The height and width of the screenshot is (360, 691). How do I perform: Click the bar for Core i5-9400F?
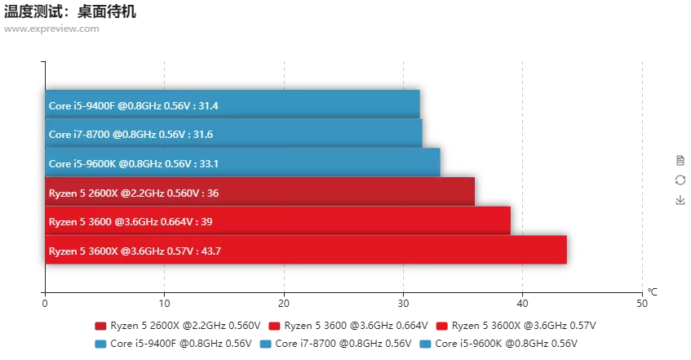coord(233,104)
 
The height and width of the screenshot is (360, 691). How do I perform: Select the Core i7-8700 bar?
coord(233,134)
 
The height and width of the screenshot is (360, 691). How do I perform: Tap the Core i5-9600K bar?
coord(242,163)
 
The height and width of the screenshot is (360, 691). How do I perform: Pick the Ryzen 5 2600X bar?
coord(259,193)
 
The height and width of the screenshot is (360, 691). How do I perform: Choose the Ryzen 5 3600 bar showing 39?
coord(277,221)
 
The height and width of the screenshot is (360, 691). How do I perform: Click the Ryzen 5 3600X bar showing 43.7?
coord(305,251)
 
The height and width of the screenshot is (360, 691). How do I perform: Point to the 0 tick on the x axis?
coord(45,303)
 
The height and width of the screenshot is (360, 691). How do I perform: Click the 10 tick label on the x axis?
coord(164,303)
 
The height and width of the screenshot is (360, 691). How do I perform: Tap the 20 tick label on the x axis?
coord(283,303)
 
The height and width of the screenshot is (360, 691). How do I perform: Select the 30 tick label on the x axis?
coord(403,303)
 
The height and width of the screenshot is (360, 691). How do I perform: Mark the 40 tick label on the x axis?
coord(522,303)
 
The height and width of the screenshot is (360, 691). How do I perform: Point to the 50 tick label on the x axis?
coord(641,303)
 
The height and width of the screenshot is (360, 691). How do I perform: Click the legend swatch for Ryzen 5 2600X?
coord(100,326)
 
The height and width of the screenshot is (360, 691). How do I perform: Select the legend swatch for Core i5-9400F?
coord(100,344)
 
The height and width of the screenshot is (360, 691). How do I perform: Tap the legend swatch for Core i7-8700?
coord(265,344)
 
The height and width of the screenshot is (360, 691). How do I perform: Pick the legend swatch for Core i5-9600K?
coord(425,344)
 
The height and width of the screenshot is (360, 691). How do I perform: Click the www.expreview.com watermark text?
coord(51,29)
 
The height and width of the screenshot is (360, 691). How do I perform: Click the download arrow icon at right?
coord(680,200)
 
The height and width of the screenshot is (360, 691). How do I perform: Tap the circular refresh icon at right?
coord(680,180)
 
